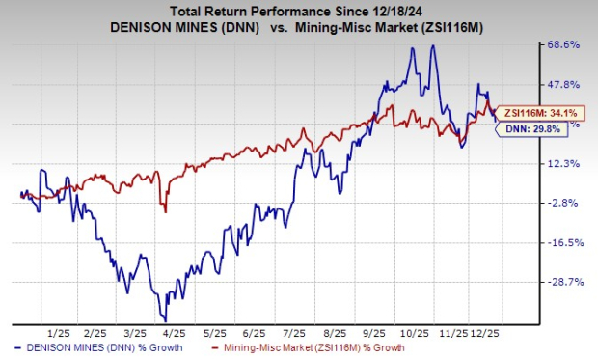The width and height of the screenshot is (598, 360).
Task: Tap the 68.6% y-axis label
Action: click(563, 44)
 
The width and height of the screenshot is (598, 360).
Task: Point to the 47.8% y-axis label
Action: click(563, 84)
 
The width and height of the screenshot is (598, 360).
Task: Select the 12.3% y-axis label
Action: click(563, 163)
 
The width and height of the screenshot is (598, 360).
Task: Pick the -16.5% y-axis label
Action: click(563, 242)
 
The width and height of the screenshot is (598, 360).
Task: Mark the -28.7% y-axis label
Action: click(563, 282)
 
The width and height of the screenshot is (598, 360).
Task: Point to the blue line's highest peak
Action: click(414, 44)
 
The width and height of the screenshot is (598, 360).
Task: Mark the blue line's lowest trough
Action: click(167, 319)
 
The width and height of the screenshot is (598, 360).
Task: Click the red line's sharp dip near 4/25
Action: click(166, 211)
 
